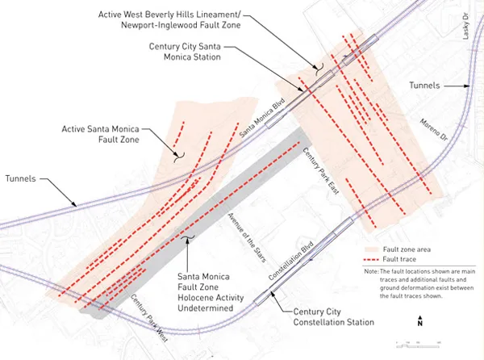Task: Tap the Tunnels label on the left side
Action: [x=21, y=178]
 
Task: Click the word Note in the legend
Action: [x=370, y=272]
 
